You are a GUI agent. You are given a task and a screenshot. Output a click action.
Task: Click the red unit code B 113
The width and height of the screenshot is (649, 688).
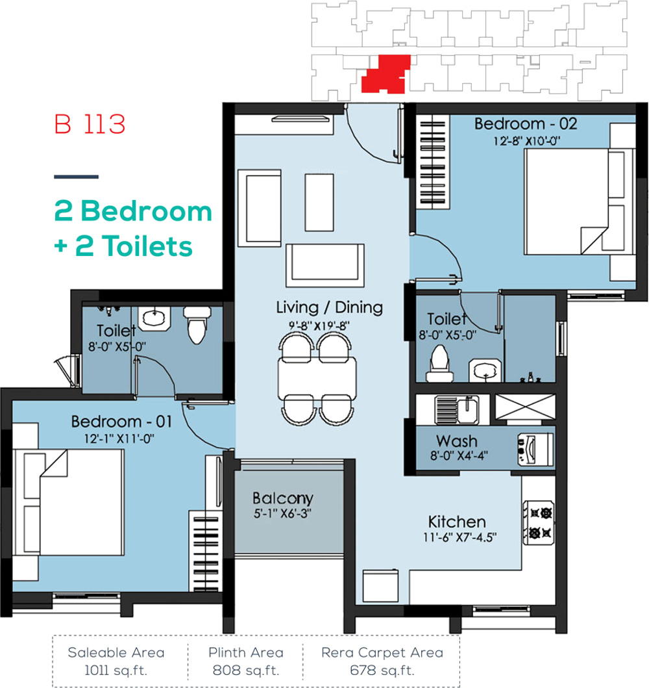click(90, 124)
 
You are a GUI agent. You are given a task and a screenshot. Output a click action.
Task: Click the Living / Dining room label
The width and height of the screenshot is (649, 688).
click(329, 307)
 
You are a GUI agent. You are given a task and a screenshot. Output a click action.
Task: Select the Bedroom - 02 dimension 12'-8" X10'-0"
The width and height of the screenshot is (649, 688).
click(527, 141)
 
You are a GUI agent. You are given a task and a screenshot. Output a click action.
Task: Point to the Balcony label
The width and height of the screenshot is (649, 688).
click(283, 498)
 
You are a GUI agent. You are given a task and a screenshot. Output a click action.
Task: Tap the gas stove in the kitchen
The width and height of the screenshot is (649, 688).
click(539, 522)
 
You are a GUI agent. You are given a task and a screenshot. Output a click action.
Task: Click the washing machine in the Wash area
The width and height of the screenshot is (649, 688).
click(535, 450)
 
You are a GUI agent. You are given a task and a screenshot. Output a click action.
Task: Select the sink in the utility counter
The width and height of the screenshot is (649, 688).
click(457, 410)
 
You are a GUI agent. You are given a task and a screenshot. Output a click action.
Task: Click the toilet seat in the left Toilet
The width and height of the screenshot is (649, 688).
click(197, 325)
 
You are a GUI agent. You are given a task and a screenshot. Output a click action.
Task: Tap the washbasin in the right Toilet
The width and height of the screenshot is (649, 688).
click(485, 371)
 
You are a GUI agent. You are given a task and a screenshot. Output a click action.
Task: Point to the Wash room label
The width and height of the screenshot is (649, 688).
click(457, 441)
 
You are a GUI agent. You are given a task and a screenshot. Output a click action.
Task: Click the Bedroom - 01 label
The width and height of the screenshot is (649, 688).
click(121, 422)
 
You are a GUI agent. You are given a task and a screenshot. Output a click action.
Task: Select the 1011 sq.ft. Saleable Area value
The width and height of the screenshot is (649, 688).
click(116, 670)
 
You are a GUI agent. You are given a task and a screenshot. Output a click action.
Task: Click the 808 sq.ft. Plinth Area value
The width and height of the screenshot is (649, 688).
click(246, 670)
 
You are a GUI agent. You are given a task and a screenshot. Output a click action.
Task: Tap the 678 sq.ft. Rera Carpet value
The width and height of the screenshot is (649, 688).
click(382, 670)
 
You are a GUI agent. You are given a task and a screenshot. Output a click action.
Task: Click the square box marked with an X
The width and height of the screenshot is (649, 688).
click(525, 407)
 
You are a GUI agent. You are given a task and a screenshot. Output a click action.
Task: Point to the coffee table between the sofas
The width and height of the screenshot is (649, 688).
click(319, 202)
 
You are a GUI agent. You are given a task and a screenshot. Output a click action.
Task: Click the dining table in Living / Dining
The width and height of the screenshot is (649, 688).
click(317, 378)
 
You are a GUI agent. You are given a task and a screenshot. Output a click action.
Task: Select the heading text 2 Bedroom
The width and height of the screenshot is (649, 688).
click(133, 211)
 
